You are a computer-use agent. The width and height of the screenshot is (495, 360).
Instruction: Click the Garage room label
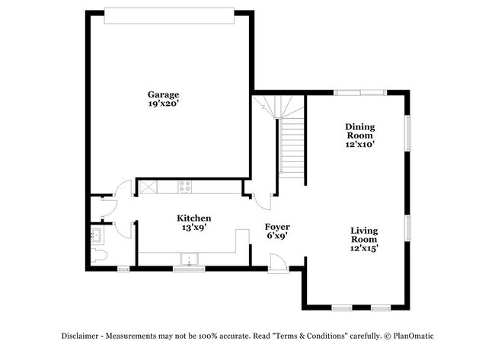pos(163,94)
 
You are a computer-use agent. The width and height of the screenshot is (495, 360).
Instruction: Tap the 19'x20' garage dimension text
pos(164,104)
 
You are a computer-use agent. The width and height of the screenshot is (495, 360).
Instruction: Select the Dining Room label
pos(360,131)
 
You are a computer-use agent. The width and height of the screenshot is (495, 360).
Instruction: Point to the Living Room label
pos(364,235)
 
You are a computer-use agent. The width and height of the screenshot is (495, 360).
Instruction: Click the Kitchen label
pos(194,218)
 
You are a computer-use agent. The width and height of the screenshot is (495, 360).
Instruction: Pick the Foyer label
pos(277,227)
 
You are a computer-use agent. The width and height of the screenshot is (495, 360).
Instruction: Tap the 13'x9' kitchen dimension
pos(194,227)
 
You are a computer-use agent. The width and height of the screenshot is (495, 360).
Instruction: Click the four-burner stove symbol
pos(185,186)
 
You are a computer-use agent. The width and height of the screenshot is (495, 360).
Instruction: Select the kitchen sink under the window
pos(189,260)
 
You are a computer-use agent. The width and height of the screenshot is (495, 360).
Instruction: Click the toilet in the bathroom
pos(99,255)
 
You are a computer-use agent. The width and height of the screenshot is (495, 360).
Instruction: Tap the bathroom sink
pos(96,235)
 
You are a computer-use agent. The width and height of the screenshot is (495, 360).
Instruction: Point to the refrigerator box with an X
pos(148,187)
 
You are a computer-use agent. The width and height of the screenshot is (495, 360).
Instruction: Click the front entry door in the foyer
pos(278,263)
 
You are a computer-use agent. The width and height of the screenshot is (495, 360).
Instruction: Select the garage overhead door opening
pos(169,15)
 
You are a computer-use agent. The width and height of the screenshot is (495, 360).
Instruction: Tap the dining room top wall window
pos(360,92)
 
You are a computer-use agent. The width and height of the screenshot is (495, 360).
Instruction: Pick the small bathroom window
pos(123,269)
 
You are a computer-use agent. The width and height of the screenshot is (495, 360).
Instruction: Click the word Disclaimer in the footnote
pos(80,336)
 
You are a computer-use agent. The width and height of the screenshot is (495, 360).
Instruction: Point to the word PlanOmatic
pos(414,336)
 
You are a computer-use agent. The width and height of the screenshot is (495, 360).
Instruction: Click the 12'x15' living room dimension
pos(364,248)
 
